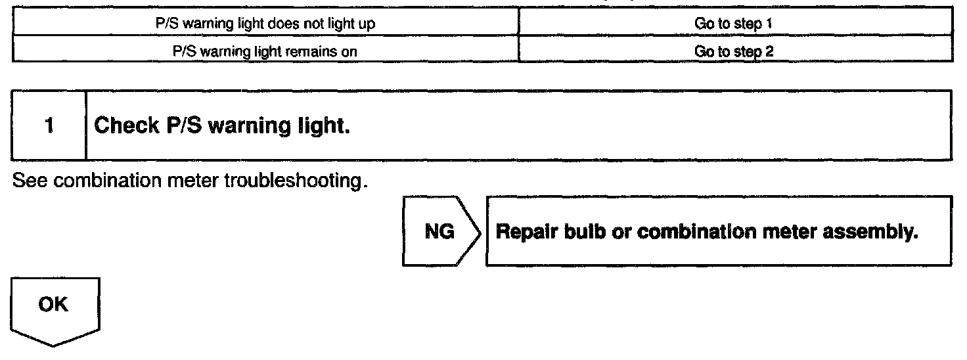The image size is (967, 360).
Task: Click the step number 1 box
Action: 49,125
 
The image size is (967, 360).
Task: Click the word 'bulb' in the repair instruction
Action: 569,231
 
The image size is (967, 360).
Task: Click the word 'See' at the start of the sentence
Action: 26,180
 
